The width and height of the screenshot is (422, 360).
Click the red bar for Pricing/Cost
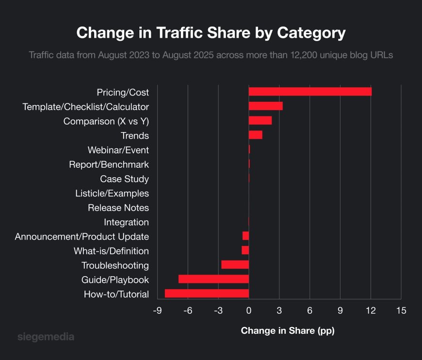point(310,92)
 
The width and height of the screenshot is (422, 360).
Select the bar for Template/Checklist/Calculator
point(265,106)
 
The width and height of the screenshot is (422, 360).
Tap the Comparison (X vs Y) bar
point(260,121)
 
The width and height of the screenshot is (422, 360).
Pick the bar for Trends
point(255,135)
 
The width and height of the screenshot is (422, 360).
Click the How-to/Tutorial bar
point(207,294)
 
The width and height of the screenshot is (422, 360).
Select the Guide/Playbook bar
point(213,279)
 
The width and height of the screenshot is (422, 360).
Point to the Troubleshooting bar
point(235,264)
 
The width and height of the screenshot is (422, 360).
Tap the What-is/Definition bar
point(245,250)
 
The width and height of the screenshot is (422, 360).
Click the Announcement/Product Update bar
point(245,236)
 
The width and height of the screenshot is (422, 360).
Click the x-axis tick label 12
point(371,311)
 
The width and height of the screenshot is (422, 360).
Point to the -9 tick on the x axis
point(157,311)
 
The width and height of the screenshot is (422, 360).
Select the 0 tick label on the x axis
point(249,311)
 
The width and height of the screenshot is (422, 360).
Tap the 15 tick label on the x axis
point(401,311)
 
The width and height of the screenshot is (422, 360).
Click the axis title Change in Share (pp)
point(288,331)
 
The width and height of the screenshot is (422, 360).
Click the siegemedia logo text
point(46,336)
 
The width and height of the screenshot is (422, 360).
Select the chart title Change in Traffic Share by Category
point(211,33)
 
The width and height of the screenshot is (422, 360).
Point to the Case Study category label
point(124,179)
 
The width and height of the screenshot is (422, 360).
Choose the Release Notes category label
point(118,208)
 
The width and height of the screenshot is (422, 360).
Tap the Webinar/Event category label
point(118,150)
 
